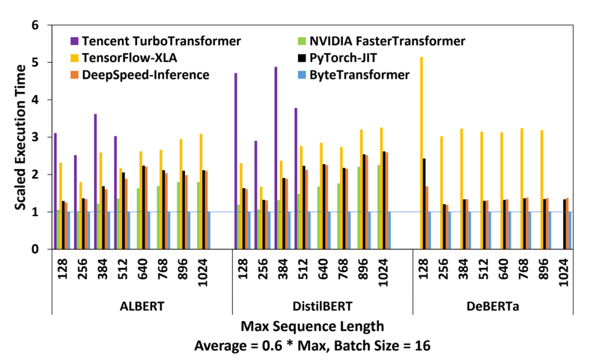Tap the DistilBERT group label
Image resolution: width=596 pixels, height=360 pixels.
point(322,305)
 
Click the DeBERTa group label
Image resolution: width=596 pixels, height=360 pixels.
point(503,305)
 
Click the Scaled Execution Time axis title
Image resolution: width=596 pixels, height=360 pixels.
point(20,137)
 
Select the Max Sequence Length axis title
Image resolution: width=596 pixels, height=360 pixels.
point(312,327)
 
